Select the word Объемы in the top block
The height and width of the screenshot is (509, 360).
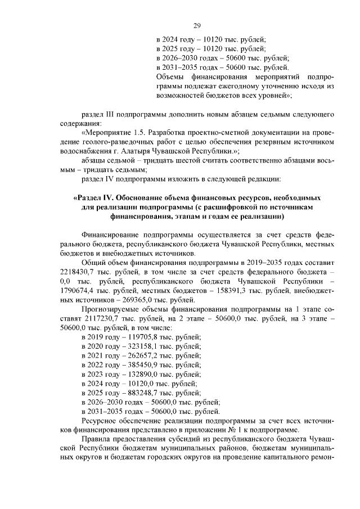pos(170,76)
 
